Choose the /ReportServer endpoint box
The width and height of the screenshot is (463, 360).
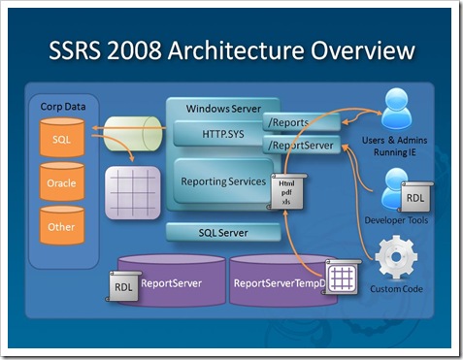pos(301,146)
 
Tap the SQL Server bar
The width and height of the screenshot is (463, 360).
pos(224,233)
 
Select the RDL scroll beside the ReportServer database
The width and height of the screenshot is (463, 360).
pos(123,286)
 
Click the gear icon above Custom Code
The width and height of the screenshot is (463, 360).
pos(395,256)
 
